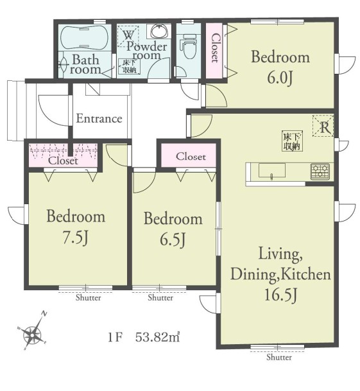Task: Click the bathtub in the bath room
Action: (85, 38)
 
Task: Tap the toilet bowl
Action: (189, 47)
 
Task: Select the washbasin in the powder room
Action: (159, 31)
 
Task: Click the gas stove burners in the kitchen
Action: (320, 171)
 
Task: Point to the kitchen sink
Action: (272, 171)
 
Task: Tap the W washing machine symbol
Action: (128, 35)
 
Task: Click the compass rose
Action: (33, 332)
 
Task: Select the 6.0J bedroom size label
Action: (280, 78)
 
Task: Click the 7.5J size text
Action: (75, 238)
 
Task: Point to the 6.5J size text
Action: (173, 239)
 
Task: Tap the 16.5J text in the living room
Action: (280, 295)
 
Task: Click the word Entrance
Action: (99, 118)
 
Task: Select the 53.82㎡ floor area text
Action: (158, 338)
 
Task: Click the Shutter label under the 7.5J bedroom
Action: (89, 297)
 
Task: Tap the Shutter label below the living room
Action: (279, 357)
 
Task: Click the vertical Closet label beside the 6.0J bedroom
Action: (215, 48)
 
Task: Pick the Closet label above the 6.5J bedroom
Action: (191, 157)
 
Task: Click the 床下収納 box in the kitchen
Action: (292, 141)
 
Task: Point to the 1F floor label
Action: (115, 338)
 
